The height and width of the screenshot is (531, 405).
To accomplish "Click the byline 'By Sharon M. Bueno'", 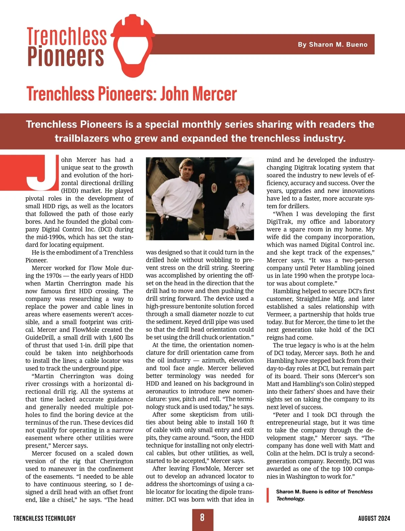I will coord(332,45).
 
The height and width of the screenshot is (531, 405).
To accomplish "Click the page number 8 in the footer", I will coord(202,518).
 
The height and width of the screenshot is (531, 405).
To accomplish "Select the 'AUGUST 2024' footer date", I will coord(374,518).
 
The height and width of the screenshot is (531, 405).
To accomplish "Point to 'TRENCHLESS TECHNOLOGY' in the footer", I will coord(45,518).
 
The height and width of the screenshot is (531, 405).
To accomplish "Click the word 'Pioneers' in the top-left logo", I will coord(65,57).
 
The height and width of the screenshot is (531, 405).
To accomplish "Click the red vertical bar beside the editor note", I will coord(268,495).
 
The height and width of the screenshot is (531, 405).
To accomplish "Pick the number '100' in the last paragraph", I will coord(345,469).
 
